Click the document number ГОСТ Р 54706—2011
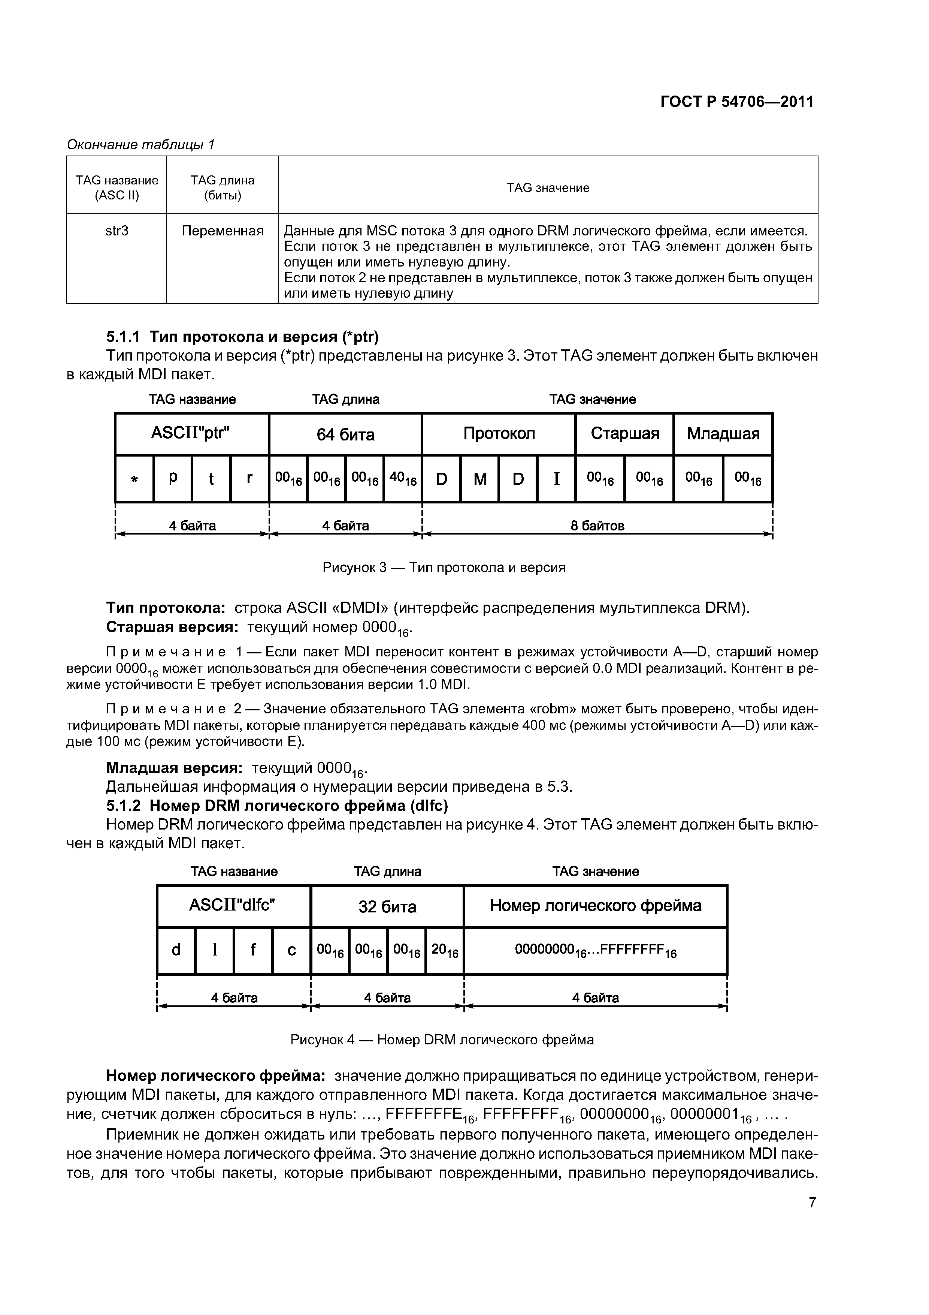(x=737, y=102)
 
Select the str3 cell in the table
(x=117, y=231)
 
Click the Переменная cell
(x=222, y=231)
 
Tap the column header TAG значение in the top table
(x=548, y=188)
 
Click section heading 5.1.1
(x=243, y=336)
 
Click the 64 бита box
(x=345, y=434)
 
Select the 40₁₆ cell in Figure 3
(x=403, y=479)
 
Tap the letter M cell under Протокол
(x=479, y=479)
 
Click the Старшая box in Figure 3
(x=624, y=434)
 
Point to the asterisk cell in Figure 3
(x=134, y=479)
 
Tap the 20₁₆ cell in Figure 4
(x=445, y=951)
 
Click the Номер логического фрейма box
(x=595, y=906)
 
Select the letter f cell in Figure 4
(x=253, y=951)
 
